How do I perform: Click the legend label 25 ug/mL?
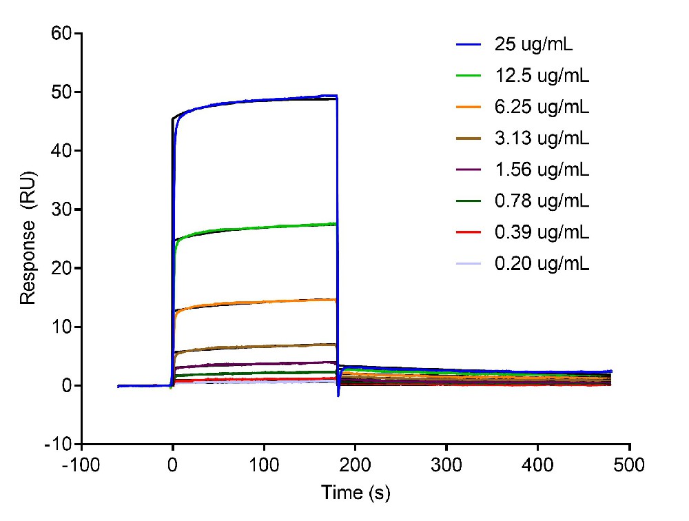pyautogui.click(x=534, y=45)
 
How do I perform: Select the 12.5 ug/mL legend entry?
pyautogui.click(x=542, y=76)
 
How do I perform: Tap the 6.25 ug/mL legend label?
pyautogui.click(x=542, y=108)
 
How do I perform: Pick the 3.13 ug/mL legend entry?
pyautogui.click(x=542, y=139)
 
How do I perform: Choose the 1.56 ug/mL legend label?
pyautogui.click(x=542, y=170)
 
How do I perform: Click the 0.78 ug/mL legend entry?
pyautogui.click(x=542, y=201)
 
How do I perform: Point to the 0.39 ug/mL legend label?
pyautogui.click(x=542, y=232)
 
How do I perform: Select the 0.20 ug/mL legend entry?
pyautogui.click(x=542, y=263)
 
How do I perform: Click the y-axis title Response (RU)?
pyautogui.click(x=28, y=238)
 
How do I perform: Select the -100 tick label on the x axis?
pyautogui.click(x=81, y=465)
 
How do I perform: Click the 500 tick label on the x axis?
pyautogui.click(x=630, y=465)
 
